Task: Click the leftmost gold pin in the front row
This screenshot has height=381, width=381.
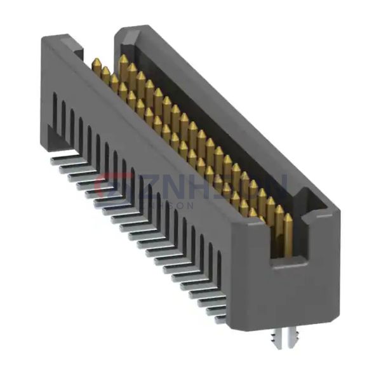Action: click(x=97, y=67)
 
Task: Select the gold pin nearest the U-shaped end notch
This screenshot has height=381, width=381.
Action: click(x=288, y=229)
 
